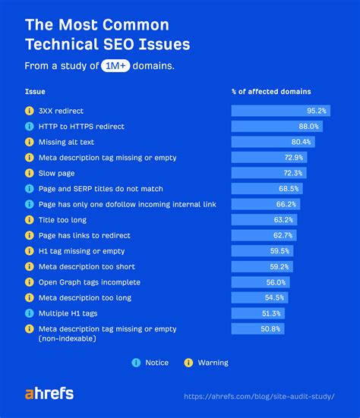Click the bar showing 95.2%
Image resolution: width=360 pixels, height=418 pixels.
tap(280, 111)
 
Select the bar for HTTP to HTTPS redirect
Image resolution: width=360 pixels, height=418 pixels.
tap(276, 126)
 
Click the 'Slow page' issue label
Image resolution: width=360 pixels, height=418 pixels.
tap(56, 173)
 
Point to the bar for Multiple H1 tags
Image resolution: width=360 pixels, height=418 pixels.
tap(258, 313)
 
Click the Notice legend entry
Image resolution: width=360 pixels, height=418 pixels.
tap(150, 363)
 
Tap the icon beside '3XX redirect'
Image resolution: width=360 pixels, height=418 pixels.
tap(29, 111)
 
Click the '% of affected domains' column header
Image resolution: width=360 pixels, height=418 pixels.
tap(271, 92)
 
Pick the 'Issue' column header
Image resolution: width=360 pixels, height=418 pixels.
tap(35, 92)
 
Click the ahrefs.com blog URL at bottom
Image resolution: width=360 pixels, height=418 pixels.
tap(270, 396)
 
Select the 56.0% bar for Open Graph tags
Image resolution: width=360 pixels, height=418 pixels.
tap(261, 282)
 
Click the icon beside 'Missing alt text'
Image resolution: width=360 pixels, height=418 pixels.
tap(29, 142)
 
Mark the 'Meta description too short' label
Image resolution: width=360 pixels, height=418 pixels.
tap(86, 266)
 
